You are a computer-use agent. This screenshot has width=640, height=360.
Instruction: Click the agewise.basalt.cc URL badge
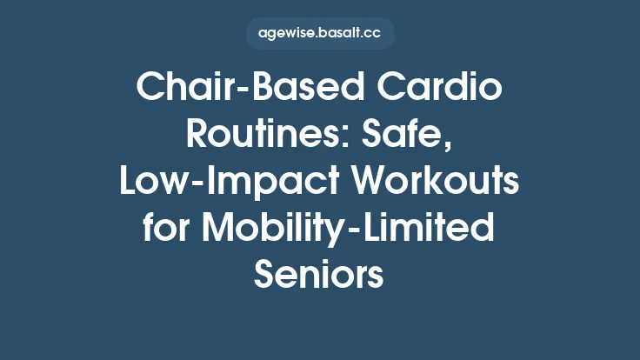320,34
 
